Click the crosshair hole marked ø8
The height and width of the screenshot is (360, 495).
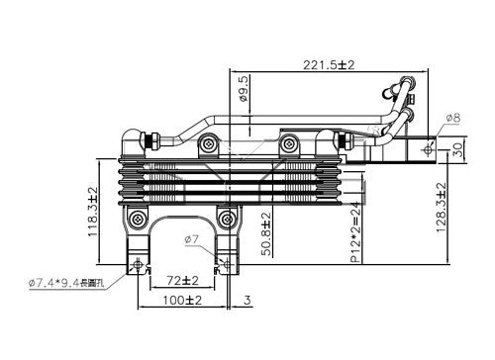(x=429, y=148)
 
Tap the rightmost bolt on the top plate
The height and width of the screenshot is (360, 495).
(x=289, y=145)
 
